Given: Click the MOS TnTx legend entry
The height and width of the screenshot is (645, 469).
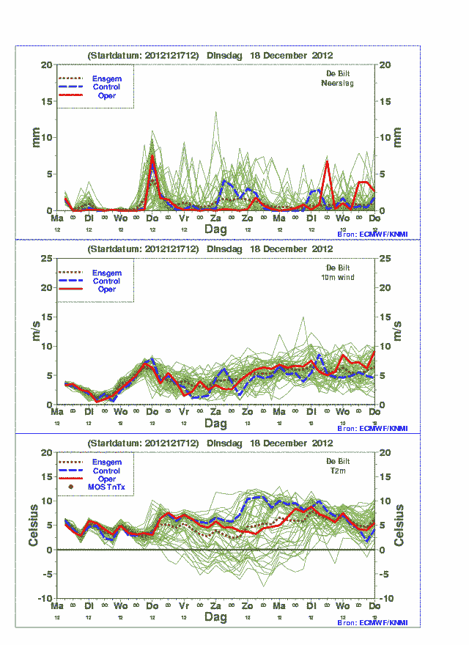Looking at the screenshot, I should [x=107, y=487].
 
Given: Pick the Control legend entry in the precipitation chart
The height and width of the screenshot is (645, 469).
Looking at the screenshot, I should [x=106, y=87].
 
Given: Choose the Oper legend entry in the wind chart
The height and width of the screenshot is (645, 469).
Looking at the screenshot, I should [x=106, y=290].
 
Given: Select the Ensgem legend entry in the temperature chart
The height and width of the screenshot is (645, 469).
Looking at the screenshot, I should [x=106, y=462].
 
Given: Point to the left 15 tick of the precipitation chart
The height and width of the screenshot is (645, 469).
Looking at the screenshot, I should [x=46, y=101].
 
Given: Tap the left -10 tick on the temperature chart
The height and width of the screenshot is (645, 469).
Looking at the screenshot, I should [x=44, y=599].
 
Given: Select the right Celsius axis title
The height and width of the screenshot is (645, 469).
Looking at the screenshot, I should [x=399, y=526].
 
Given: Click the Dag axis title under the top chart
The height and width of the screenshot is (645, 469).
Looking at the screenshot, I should [x=215, y=229].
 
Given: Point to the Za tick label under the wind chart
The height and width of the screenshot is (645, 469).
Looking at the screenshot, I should [x=215, y=413].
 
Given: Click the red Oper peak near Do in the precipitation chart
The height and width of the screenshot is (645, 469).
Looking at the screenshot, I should [x=152, y=155].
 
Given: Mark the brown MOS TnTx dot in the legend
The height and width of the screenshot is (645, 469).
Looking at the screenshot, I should [x=71, y=487].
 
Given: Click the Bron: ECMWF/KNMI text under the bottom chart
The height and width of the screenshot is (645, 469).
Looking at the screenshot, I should [x=372, y=622].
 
